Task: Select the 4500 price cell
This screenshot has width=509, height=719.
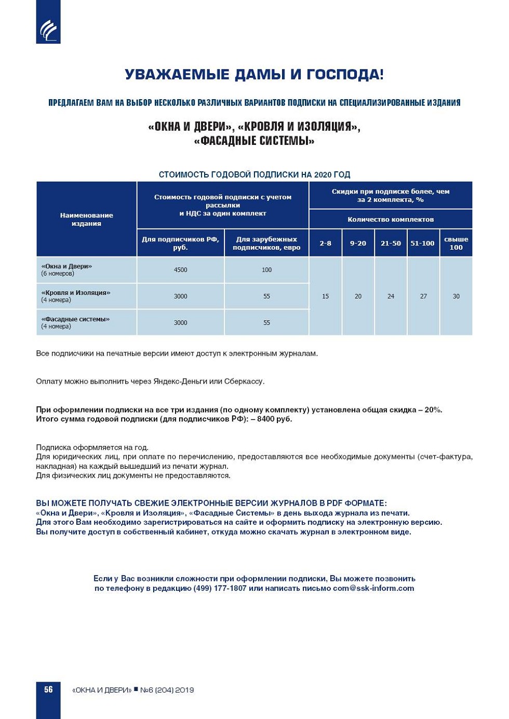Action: pyautogui.click(x=180, y=270)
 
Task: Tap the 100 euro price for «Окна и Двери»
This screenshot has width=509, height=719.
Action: pyautogui.click(x=266, y=270)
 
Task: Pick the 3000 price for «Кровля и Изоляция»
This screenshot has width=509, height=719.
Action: pyautogui.click(x=180, y=296)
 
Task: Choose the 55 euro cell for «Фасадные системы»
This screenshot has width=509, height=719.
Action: pyautogui.click(x=266, y=323)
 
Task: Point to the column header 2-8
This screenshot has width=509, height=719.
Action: pyautogui.click(x=325, y=243)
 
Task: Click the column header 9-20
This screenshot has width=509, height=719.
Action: pyautogui.click(x=358, y=243)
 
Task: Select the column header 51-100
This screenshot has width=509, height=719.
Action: pyautogui.click(x=422, y=243)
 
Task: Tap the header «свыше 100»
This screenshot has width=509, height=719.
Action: pyautogui.click(x=456, y=243)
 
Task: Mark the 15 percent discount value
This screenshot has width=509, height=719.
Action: pyautogui.click(x=325, y=296)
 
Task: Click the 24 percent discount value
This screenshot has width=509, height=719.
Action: pyautogui.click(x=391, y=296)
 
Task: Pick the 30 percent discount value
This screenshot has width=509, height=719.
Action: pyautogui.click(x=456, y=296)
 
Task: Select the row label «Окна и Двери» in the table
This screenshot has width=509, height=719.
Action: pyautogui.click(x=66, y=266)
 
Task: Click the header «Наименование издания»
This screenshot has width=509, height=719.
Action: pyautogui.click(x=86, y=219)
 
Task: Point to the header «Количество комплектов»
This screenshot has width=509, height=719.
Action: pyautogui.click(x=391, y=220)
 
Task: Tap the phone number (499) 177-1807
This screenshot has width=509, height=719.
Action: pyautogui.click(x=220, y=588)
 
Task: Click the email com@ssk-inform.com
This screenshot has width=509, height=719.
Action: pyautogui.click(x=373, y=588)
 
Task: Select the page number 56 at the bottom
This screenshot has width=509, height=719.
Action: pyautogui.click(x=48, y=689)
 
